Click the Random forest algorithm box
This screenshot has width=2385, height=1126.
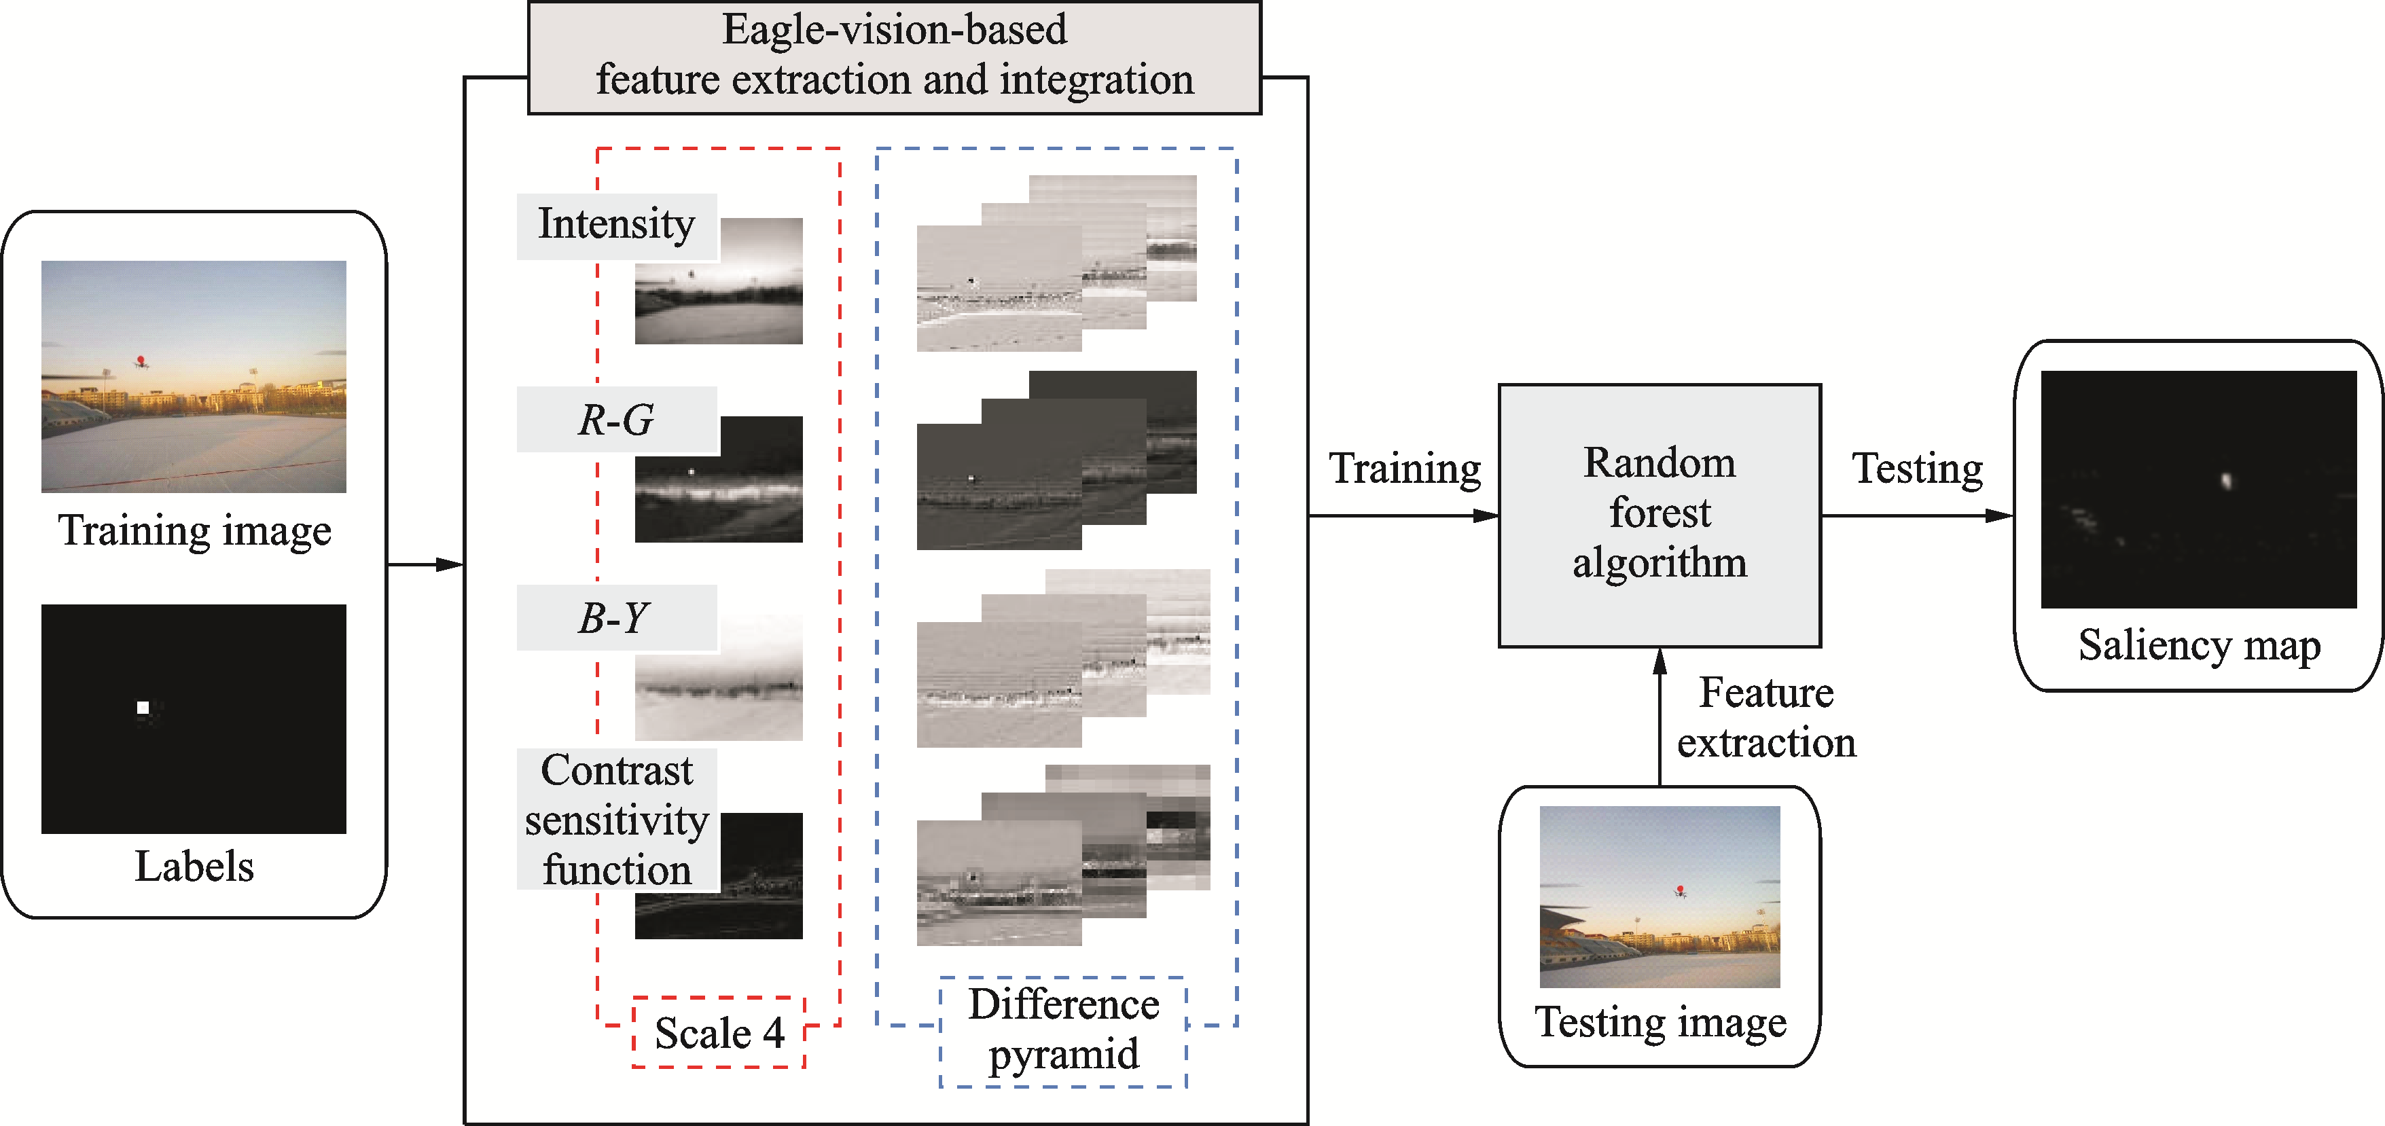tap(1659, 515)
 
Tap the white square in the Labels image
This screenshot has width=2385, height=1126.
tap(143, 708)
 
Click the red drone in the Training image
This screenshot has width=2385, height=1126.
tap(141, 360)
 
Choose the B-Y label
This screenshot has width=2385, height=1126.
tap(615, 617)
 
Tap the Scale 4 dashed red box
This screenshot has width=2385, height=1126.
tap(719, 1032)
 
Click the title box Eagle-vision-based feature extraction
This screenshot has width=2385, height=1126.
tap(895, 56)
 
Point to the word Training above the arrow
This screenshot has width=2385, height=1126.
tap(1405, 469)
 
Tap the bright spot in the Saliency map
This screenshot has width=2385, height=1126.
tap(2227, 479)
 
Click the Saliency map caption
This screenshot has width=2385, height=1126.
tap(2199, 645)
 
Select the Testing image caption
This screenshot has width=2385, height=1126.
tap(1660, 1022)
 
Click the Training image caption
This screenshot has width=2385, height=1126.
tap(194, 530)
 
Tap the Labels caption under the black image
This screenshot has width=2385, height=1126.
tap(194, 867)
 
